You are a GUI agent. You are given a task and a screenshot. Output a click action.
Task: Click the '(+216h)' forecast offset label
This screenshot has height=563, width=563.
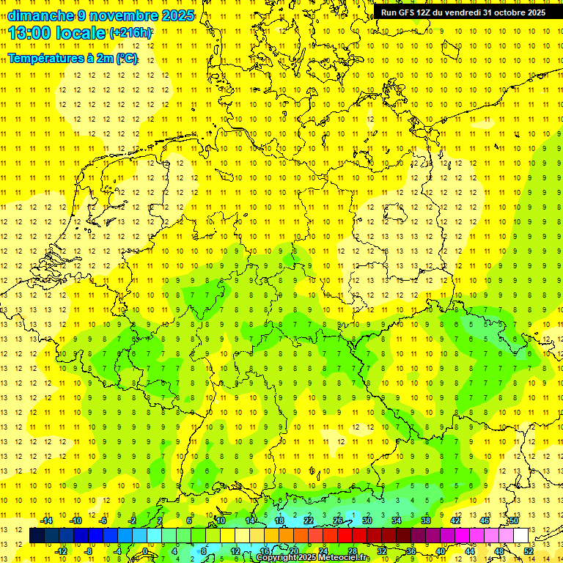(x=130, y=33)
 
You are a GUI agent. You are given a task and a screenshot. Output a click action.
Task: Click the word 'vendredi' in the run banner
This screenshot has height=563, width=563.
(x=462, y=12)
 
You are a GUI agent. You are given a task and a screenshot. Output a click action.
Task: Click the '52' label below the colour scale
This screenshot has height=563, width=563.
(x=529, y=551)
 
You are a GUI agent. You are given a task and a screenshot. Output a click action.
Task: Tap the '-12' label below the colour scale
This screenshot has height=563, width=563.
(x=62, y=551)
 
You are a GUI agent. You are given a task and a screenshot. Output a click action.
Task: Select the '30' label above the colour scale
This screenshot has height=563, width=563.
(x=367, y=520)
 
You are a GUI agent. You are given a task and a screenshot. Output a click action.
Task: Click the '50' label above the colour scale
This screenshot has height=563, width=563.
(x=514, y=520)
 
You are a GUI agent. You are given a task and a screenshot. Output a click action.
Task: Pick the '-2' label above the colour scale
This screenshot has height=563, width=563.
(x=133, y=520)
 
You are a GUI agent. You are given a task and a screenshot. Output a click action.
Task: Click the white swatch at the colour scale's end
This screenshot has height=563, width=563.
(x=521, y=535)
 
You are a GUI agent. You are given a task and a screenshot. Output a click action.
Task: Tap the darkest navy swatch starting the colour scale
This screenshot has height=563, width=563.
(x=37, y=535)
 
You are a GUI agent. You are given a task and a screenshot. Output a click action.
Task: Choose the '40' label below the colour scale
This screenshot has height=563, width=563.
(x=441, y=551)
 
